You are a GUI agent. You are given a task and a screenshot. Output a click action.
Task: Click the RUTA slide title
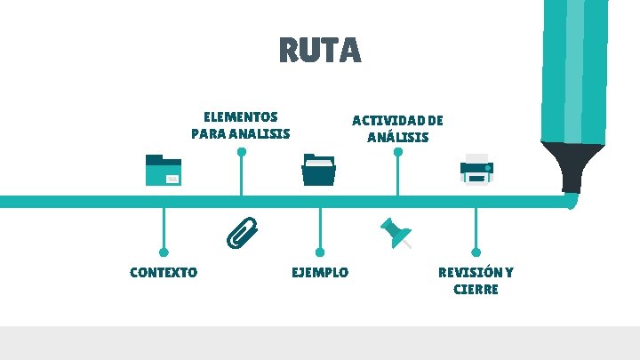pyautogui.click(x=320, y=50)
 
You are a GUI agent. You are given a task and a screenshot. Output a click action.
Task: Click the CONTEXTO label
pyautogui.click(x=164, y=272)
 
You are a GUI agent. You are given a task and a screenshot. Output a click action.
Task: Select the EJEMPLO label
pyautogui.click(x=320, y=272)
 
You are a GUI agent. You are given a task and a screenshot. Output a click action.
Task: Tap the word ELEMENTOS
pyautogui.click(x=240, y=116)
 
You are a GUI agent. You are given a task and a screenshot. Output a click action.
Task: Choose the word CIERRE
pyautogui.click(x=476, y=289)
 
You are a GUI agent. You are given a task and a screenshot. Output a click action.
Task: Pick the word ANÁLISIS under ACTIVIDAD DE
pyautogui.click(x=397, y=138)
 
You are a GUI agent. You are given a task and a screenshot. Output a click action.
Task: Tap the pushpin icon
pyautogui.click(x=396, y=232)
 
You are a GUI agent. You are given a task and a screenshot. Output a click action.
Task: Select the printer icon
pyautogui.click(x=476, y=168)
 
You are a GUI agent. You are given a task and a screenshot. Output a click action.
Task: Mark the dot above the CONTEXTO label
pyautogui.click(x=164, y=252)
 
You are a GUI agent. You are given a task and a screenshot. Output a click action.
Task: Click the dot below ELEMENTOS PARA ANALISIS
pyautogui.click(x=241, y=151)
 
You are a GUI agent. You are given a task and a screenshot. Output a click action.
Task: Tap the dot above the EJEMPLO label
pyautogui.click(x=320, y=252)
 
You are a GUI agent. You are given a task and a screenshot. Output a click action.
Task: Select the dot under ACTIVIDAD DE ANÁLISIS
pyautogui.click(x=398, y=151)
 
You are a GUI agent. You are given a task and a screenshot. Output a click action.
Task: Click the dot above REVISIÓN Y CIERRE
pyautogui.click(x=476, y=252)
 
